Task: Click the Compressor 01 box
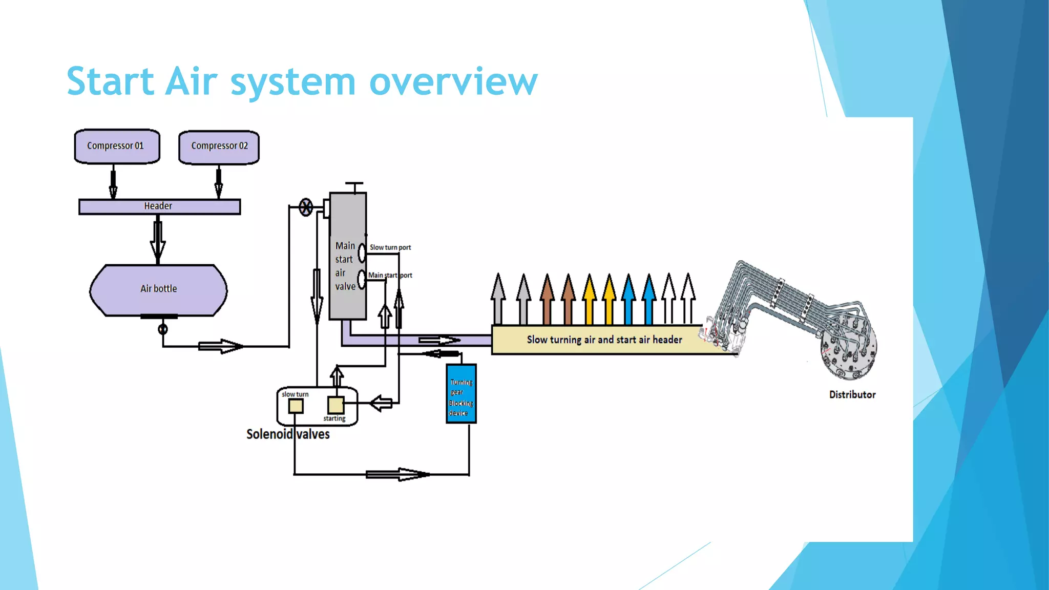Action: click(117, 146)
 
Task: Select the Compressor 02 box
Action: click(219, 147)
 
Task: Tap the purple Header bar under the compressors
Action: click(159, 206)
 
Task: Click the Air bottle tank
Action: click(158, 290)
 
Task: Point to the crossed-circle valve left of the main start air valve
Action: click(306, 207)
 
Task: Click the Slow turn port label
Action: click(390, 247)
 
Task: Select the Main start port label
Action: click(390, 276)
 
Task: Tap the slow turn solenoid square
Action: click(296, 406)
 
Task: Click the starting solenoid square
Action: click(335, 405)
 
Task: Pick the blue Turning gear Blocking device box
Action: click(461, 393)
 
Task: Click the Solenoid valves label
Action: click(288, 434)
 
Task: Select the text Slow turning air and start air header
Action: click(604, 340)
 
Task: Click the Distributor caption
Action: click(852, 395)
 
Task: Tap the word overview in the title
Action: click(453, 81)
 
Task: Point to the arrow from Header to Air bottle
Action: click(158, 239)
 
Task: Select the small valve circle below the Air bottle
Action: click(163, 329)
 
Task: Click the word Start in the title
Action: click(110, 81)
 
